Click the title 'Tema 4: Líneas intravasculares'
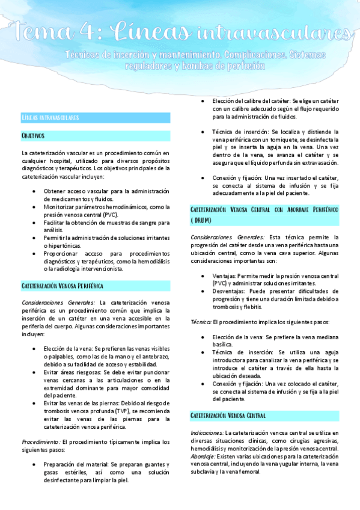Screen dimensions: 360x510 [180, 31]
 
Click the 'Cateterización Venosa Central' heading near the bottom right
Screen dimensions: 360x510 [228, 416]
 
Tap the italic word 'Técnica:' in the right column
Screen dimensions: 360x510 [201, 322]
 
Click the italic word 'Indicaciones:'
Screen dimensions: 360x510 [207, 433]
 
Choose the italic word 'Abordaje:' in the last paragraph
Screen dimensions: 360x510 [204, 456]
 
